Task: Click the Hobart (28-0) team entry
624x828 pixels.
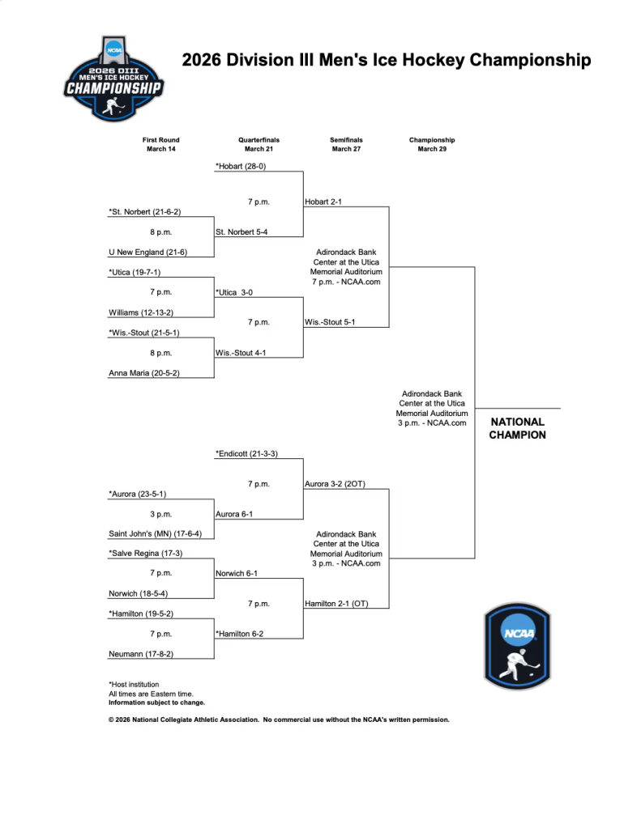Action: tap(241, 166)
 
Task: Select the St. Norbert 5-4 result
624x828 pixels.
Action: tap(241, 232)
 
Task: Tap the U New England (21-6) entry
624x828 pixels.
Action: tap(147, 252)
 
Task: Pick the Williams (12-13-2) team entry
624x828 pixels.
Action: tap(141, 312)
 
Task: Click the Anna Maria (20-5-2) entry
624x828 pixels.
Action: tap(144, 373)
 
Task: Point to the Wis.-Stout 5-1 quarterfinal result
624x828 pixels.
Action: tap(330, 322)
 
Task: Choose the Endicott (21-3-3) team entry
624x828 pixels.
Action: tap(246, 453)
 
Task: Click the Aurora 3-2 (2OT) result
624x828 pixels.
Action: tap(335, 484)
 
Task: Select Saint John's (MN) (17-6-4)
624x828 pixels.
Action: tap(156, 533)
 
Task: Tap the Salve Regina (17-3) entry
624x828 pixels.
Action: tap(145, 554)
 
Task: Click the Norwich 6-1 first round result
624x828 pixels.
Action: tap(237, 573)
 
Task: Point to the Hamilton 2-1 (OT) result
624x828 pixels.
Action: tap(336, 604)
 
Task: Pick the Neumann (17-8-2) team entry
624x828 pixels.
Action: tap(141, 653)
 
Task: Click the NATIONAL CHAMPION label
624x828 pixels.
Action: tap(518, 428)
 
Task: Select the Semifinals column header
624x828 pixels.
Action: tap(346, 144)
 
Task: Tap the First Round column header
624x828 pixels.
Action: tap(161, 144)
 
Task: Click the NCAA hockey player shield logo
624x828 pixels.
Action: tap(517, 645)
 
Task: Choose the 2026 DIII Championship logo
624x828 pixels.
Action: tap(114, 79)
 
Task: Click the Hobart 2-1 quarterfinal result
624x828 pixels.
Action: tap(323, 202)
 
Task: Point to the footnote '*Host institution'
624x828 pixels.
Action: tap(134, 684)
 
